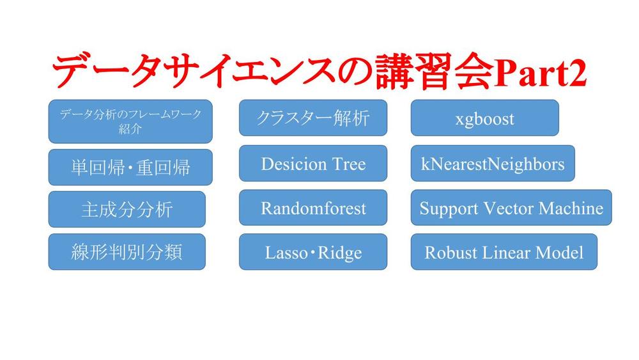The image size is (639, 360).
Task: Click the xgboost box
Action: click(x=484, y=118)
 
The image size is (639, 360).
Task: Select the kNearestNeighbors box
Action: click(x=492, y=164)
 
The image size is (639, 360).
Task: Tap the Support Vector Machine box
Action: click(x=511, y=208)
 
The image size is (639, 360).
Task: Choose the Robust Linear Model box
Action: click(x=504, y=252)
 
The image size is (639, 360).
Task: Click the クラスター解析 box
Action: click(x=313, y=118)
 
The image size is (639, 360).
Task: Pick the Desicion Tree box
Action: click(x=313, y=164)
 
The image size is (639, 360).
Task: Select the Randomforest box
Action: click(x=313, y=208)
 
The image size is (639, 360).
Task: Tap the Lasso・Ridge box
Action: click(x=313, y=252)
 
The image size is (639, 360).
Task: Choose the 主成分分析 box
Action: click(x=127, y=210)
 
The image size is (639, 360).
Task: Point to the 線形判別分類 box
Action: click(x=127, y=252)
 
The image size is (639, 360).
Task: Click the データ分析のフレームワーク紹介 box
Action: click(x=130, y=121)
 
